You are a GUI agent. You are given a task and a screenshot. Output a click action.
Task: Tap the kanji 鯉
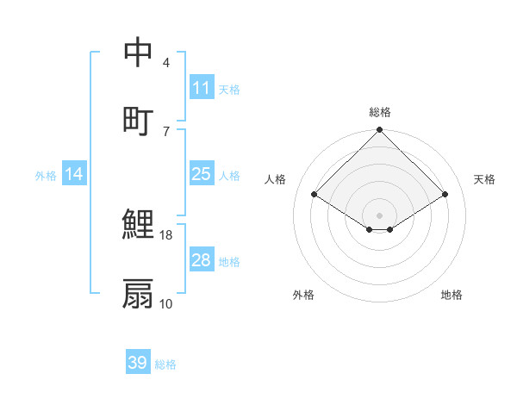(138, 225)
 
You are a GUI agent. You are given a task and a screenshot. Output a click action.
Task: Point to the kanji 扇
(138, 293)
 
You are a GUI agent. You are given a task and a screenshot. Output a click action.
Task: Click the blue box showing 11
(201, 88)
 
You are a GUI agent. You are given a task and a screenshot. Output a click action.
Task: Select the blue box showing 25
(201, 174)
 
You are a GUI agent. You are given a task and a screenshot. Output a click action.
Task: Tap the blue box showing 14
(74, 174)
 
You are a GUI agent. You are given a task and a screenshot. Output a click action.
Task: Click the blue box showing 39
(137, 363)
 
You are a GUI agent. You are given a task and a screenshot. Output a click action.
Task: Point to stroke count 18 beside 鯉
(166, 234)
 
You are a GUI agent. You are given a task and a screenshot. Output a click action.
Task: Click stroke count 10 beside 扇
(166, 303)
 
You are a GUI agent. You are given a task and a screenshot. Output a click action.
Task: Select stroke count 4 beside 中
(165, 63)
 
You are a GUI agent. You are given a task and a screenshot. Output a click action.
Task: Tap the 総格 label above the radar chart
(380, 112)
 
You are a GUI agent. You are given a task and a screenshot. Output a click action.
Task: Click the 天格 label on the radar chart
(484, 179)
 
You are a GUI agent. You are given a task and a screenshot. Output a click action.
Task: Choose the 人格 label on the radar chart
(276, 179)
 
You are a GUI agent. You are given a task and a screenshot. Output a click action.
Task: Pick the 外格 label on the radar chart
(303, 295)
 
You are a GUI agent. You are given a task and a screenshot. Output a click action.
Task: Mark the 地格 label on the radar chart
(452, 295)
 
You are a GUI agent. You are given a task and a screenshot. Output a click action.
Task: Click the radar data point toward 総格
(380, 131)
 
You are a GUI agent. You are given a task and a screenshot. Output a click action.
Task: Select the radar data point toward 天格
(445, 195)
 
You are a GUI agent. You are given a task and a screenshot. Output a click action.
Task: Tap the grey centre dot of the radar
(380, 215)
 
